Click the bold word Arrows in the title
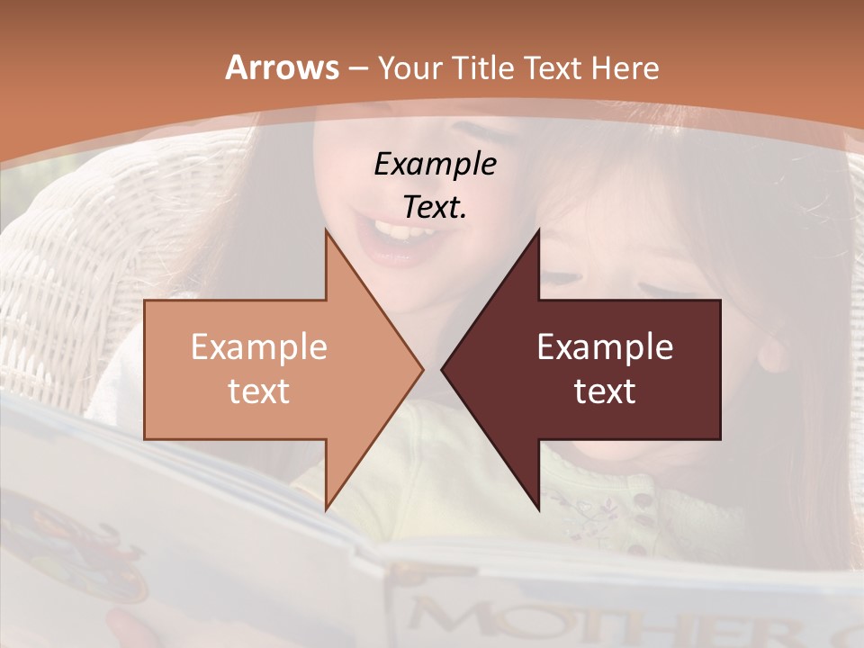(283, 67)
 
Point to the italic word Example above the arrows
(435, 164)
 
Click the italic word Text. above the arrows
(435, 207)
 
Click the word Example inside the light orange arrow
(258, 346)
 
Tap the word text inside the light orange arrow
(258, 391)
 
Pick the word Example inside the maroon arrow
(605, 346)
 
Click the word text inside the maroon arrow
(605, 391)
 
